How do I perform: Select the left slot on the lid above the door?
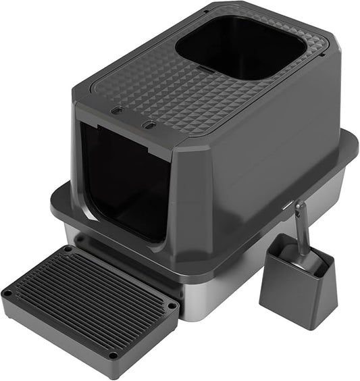pyautogui.click(x=118, y=109)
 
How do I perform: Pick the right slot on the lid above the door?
pyautogui.click(x=150, y=125)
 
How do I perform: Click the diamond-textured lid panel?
pyautogui.click(x=162, y=88)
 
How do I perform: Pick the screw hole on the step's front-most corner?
pyautogui.click(x=112, y=355)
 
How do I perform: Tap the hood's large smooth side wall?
pyautogui.click(x=270, y=149)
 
